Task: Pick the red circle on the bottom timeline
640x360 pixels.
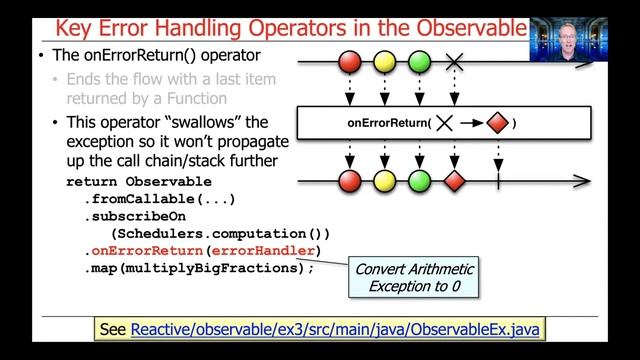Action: pyautogui.click(x=350, y=181)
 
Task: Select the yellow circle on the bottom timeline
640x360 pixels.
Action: pyautogui.click(x=385, y=181)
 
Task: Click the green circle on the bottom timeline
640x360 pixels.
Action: pyautogui.click(x=420, y=181)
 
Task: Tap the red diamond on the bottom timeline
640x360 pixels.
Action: pyautogui.click(x=455, y=181)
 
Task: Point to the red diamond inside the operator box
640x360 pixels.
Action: pyautogui.click(x=497, y=123)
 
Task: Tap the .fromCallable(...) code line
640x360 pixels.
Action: pyautogui.click(x=160, y=199)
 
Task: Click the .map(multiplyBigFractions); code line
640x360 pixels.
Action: pyautogui.click(x=199, y=267)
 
